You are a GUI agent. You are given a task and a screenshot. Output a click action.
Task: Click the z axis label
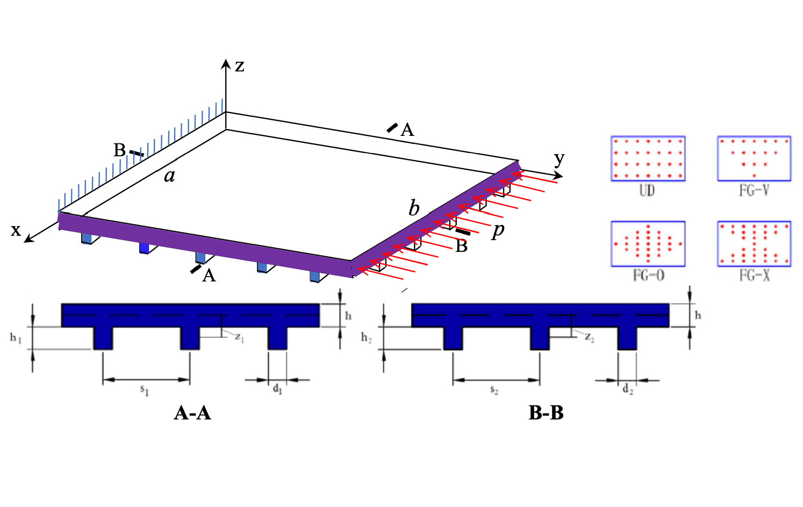[x=240, y=66]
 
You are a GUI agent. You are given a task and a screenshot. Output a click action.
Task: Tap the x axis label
[x=16, y=230]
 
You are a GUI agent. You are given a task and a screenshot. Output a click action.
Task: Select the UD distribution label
[x=647, y=190]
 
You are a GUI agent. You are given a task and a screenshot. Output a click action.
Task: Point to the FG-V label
[x=754, y=190]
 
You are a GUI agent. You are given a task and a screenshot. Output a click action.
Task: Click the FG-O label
[x=648, y=276]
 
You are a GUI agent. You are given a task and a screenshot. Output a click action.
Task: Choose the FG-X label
[x=755, y=276]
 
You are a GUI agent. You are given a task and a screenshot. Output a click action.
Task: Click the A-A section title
[x=192, y=412]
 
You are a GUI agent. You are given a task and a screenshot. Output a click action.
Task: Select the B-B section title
[x=546, y=412]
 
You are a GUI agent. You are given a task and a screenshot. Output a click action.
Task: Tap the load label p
[x=498, y=230]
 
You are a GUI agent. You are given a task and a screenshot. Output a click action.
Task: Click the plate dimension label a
[x=169, y=175]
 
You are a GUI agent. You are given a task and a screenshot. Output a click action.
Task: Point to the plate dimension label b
[x=413, y=208]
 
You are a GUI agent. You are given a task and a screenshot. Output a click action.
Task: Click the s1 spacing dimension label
[x=145, y=390]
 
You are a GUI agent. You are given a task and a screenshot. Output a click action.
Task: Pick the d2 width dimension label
[x=628, y=389]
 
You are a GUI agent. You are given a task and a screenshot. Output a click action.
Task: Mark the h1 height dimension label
[x=16, y=338]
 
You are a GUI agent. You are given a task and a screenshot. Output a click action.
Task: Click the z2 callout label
[x=590, y=337]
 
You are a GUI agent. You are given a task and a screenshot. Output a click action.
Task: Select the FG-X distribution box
[x=754, y=244]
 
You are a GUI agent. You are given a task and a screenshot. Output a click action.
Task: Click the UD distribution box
[x=648, y=158]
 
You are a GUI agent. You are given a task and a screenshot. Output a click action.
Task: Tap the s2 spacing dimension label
[x=494, y=390]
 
